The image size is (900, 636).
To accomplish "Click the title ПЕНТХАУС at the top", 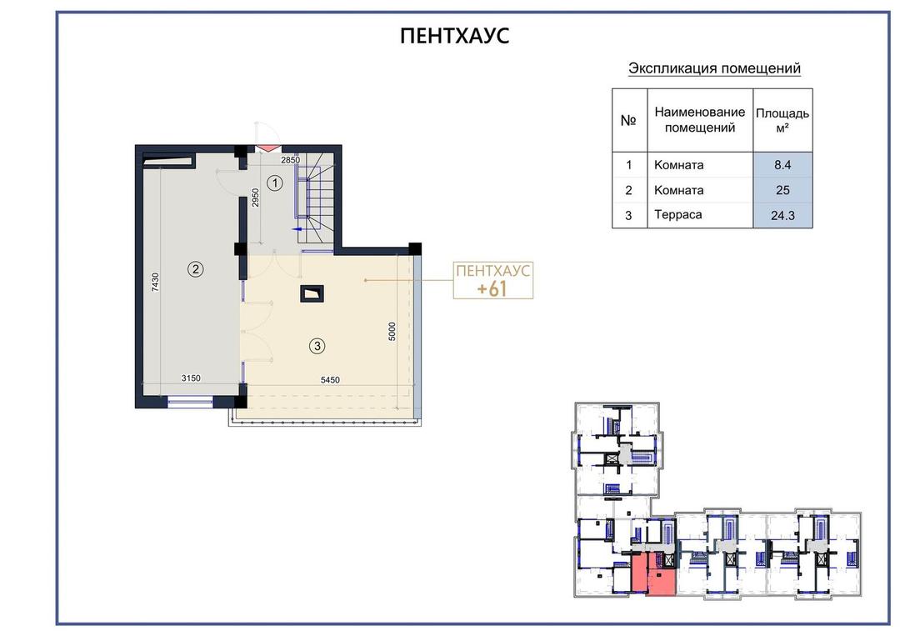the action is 455,36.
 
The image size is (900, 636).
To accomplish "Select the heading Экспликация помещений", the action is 714,68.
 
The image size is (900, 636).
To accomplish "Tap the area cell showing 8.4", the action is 782,165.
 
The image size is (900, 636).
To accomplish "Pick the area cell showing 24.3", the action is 782,215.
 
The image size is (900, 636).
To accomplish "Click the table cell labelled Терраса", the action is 677,215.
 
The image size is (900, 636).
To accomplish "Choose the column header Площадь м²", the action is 782,120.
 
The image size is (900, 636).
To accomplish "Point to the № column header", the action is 628,120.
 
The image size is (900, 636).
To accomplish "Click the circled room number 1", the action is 275,183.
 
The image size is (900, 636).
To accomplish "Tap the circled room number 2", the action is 196,268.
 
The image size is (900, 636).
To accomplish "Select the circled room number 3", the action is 317,346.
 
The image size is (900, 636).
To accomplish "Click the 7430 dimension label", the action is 155,282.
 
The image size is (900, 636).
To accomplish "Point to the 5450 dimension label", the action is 330,379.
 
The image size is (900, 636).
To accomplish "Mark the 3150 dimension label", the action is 191,378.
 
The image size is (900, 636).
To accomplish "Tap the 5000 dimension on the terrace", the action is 392,332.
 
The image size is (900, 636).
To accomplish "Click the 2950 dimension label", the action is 256,198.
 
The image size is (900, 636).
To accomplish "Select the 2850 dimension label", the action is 291,159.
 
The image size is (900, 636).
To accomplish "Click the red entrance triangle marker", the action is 265,148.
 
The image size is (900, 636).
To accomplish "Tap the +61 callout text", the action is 492,288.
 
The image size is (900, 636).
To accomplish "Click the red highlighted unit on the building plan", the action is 653,574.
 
